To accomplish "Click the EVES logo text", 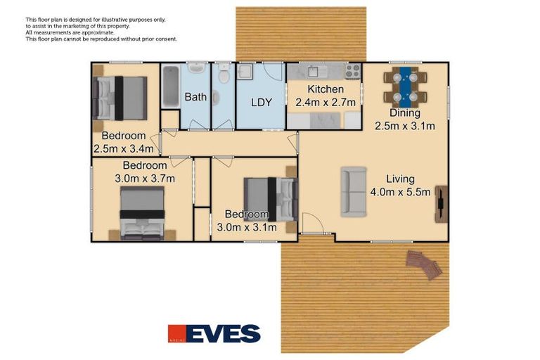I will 224,333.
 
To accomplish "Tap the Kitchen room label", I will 325,89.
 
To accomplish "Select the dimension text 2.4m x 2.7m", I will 325,103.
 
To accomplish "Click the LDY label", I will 262,103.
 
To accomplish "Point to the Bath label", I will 195,97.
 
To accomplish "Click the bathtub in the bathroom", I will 170,86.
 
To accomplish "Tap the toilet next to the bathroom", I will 224,75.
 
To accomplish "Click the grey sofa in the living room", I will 354,191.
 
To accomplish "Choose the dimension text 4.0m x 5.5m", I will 400,192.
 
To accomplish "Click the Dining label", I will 404,113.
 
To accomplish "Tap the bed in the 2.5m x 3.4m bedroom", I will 120,98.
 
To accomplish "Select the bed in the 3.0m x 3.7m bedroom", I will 142,213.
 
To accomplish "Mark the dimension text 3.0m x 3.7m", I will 144,178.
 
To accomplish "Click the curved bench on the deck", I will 423,264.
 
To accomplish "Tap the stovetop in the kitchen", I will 352,70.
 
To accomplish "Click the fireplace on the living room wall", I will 440,204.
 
